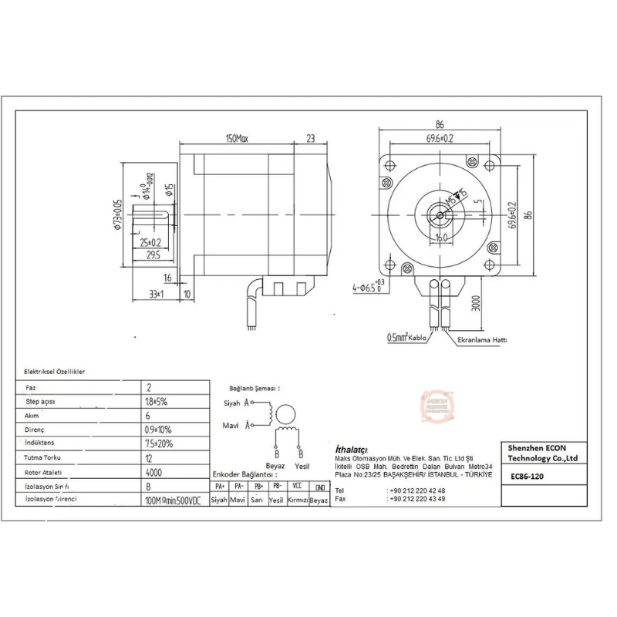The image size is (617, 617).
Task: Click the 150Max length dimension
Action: point(237,138)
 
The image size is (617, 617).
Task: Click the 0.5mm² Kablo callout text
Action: point(407,337)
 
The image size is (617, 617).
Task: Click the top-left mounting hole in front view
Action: point(390,164)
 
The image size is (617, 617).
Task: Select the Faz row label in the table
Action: point(32,387)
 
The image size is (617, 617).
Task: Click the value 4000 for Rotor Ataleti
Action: point(154,472)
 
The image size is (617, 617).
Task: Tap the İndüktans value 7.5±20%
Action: point(159,443)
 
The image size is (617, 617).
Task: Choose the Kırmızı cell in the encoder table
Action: point(297,501)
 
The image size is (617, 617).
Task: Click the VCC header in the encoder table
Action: point(297,487)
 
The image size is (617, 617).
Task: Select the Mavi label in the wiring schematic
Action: point(231,424)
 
